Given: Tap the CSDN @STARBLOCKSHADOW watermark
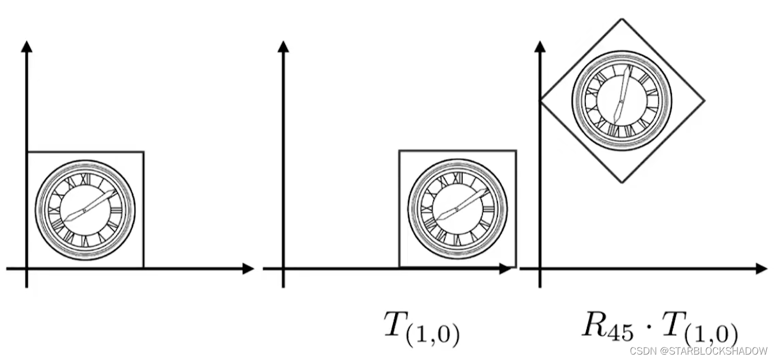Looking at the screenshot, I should [x=699, y=351].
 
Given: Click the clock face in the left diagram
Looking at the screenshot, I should [x=85, y=209].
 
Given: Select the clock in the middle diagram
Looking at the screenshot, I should [x=458, y=209].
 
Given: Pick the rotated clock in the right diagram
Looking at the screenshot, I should [x=622, y=101].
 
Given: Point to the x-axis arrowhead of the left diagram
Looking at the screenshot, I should [x=249, y=268].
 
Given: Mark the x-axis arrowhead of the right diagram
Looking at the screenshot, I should [x=762, y=268].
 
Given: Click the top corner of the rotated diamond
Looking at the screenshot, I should [x=622, y=19].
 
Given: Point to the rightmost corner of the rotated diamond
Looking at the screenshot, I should [x=704, y=100].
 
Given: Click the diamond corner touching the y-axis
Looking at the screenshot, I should [x=540, y=100].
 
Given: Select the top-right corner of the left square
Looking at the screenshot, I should [x=144, y=152].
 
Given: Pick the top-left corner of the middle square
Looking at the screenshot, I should [x=399, y=151].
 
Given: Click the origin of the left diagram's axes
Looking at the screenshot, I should [x=27, y=268].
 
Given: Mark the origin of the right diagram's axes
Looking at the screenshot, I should [x=540, y=268].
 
